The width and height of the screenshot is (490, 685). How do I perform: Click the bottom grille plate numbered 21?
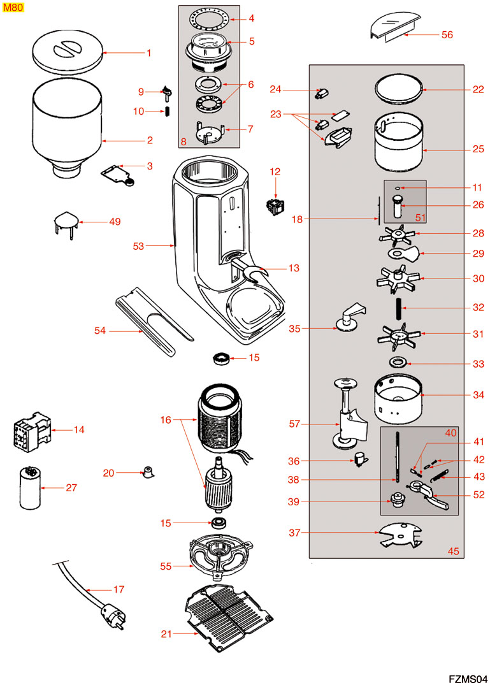point(228,616)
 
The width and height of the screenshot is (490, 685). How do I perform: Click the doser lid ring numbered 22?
point(398,89)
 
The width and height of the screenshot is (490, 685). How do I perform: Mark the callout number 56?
point(447,35)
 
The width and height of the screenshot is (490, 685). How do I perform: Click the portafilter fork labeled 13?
point(254,272)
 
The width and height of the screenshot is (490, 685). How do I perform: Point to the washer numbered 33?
point(399,363)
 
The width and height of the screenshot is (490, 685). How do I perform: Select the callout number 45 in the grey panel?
point(452,551)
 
